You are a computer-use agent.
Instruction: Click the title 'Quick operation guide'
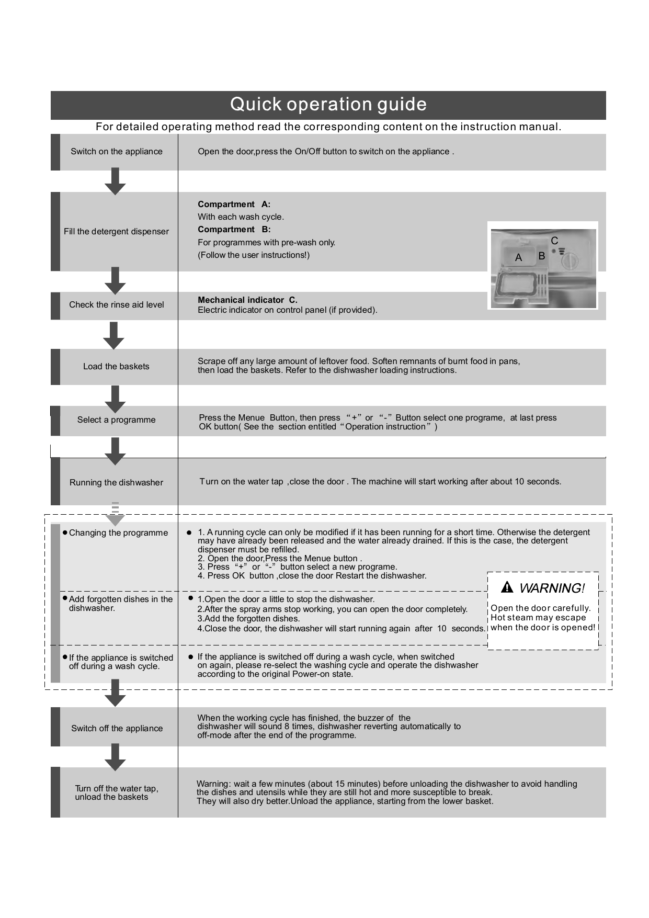tap(328, 105)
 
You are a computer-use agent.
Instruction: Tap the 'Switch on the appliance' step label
tap(116, 152)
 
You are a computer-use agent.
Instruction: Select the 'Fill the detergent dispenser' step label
tap(116, 232)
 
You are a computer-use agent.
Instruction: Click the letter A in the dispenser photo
tap(518, 258)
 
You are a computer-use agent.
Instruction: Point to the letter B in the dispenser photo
tap(542, 256)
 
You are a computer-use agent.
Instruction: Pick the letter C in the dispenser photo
tap(554, 241)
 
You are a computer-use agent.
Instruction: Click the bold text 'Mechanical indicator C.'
tap(247, 300)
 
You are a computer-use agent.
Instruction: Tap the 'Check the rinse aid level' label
tap(116, 305)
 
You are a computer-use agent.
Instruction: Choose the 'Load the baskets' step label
tap(116, 367)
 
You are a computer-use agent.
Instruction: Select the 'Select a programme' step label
tap(116, 420)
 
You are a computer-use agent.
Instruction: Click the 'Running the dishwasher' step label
tap(116, 483)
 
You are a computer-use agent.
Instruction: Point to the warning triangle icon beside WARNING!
tap(507, 588)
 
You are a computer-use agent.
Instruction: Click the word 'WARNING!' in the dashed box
tap(552, 588)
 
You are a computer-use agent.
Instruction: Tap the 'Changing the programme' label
tap(118, 533)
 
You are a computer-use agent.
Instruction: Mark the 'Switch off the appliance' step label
tap(117, 729)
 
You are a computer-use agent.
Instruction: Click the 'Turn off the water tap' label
tap(116, 789)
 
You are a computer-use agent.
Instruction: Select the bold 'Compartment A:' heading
tap(234, 205)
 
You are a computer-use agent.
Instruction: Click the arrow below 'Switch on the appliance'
tap(115, 182)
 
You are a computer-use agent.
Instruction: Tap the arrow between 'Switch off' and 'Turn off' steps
tap(115, 757)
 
